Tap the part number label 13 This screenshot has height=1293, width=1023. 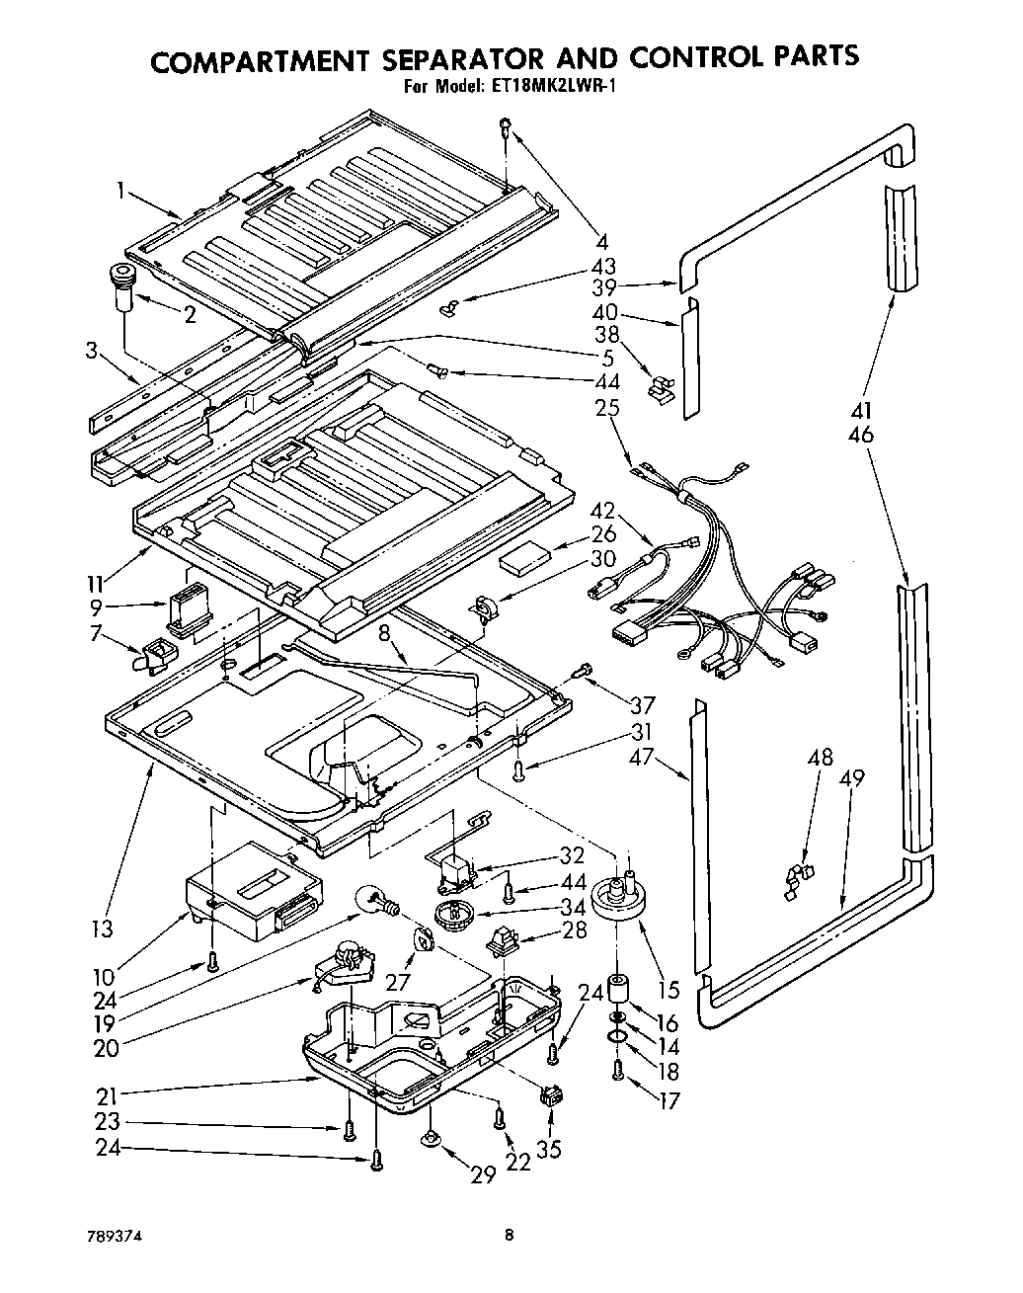pyautogui.click(x=102, y=928)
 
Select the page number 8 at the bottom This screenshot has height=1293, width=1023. pyautogui.click(x=509, y=1234)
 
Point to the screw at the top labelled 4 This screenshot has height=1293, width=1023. pyautogui.click(x=506, y=126)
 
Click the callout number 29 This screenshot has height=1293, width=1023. pyautogui.click(x=483, y=1174)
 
